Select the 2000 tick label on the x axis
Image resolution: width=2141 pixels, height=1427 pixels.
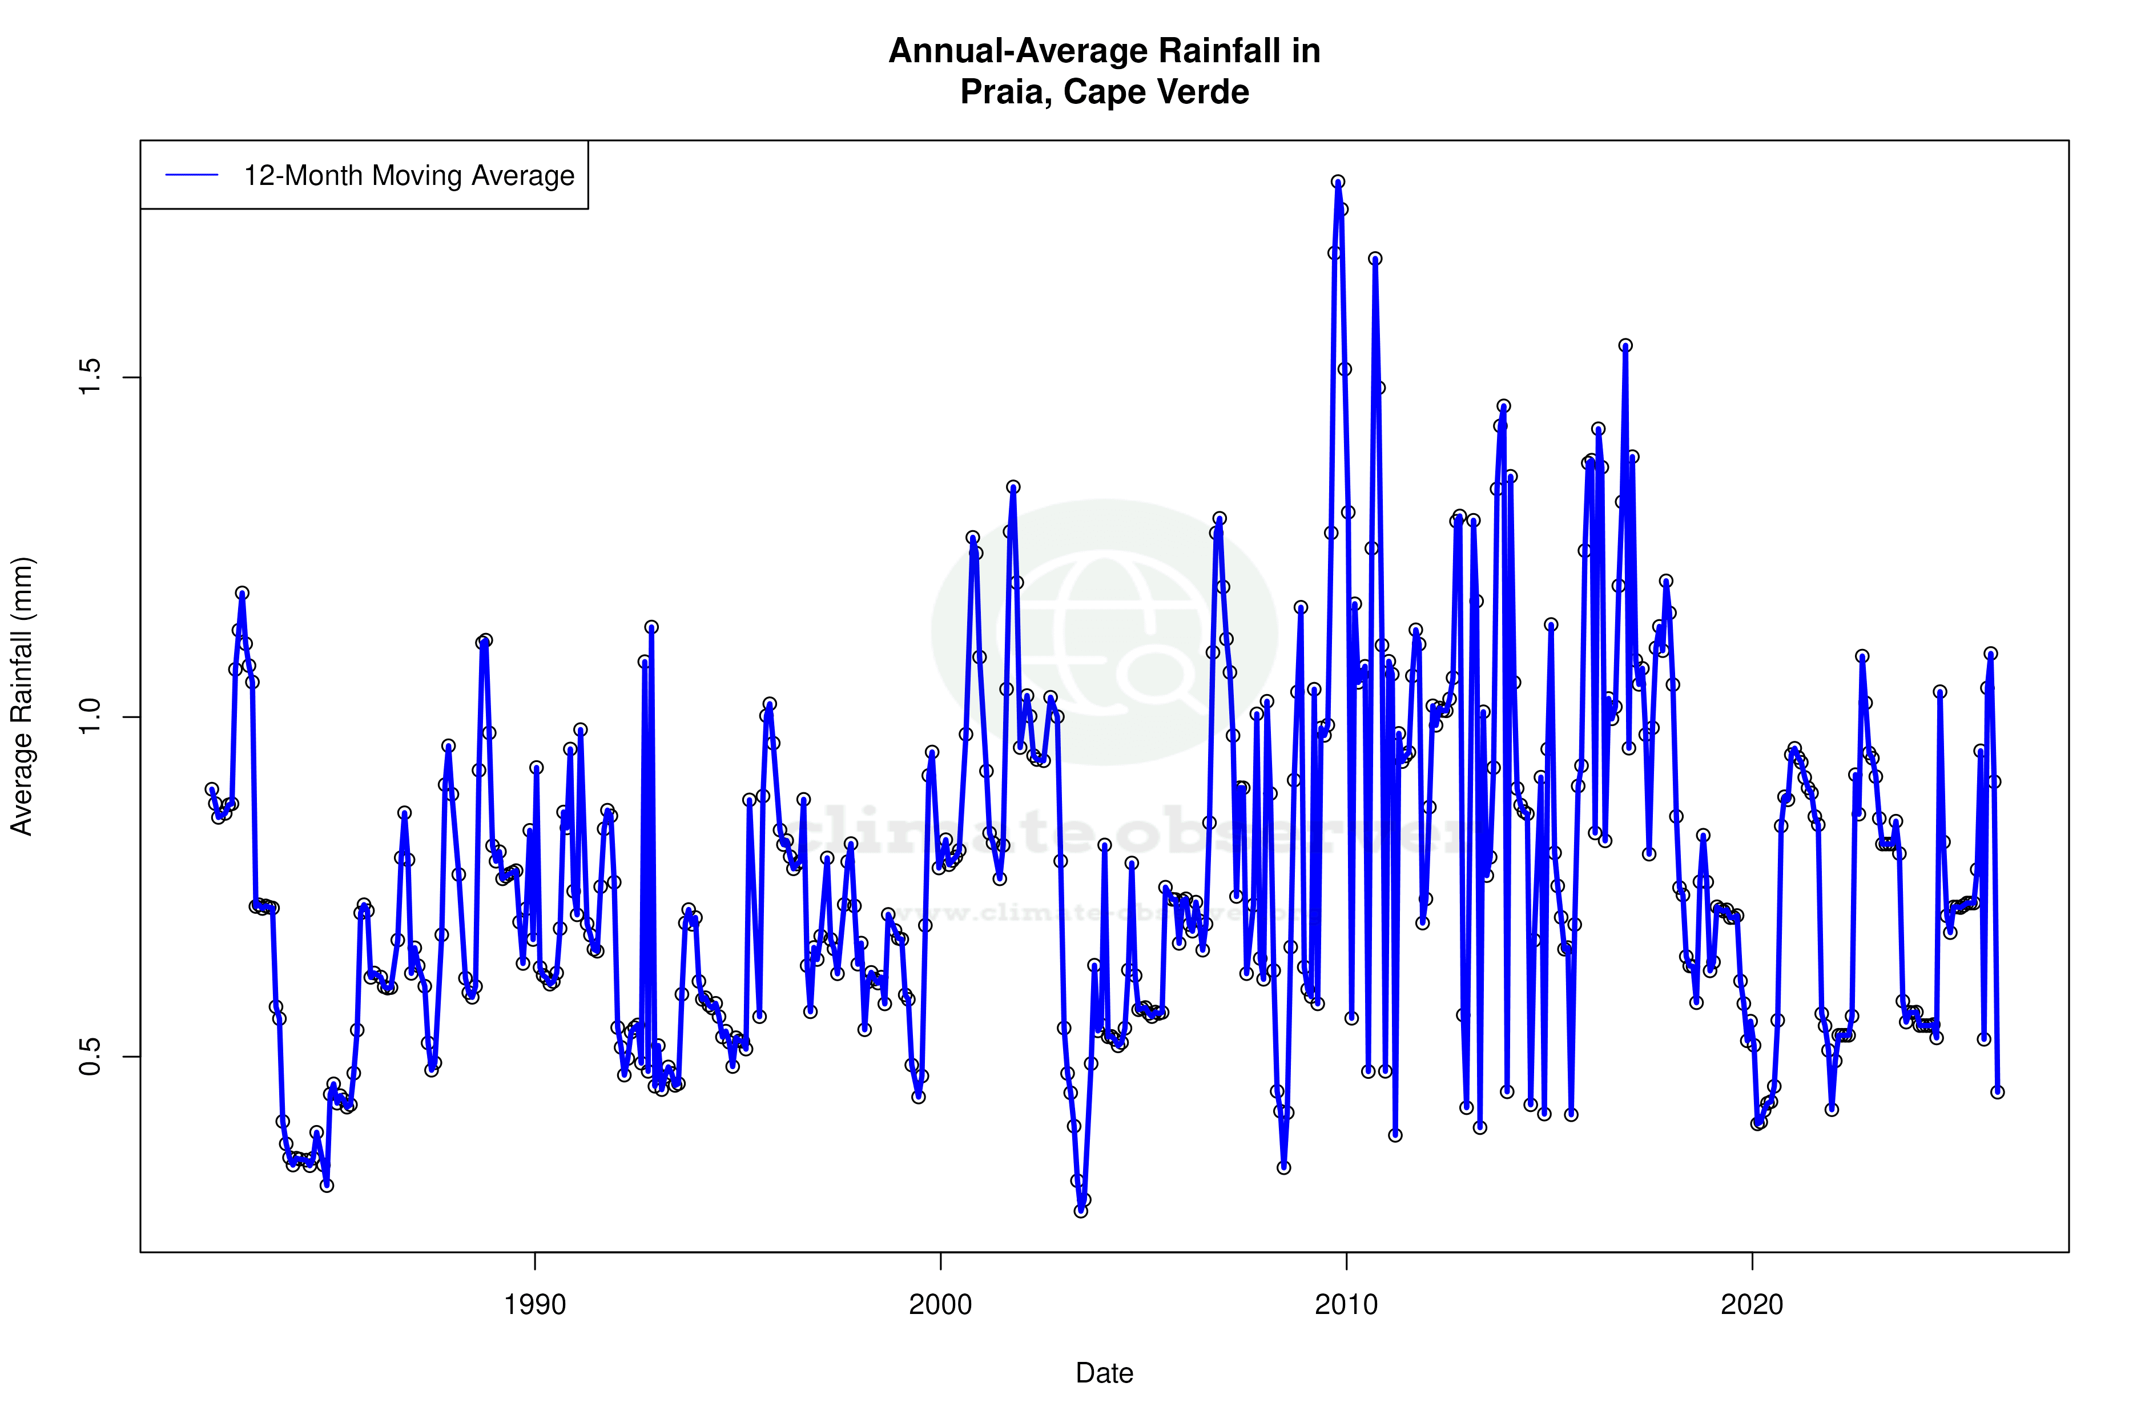coord(940,1305)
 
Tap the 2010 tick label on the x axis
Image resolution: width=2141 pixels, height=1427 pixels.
coord(1346,1305)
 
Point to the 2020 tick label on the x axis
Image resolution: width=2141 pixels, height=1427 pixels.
coord(1752,1305)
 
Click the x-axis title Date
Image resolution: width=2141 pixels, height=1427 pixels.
coord(1104,1373)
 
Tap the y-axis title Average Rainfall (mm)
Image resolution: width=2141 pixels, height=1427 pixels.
coord(22,696)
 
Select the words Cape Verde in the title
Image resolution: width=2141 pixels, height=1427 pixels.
coord(1156,92)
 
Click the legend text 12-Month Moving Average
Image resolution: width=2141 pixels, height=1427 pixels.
coord(409,176)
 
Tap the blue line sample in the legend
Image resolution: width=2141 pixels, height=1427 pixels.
coord(192,176)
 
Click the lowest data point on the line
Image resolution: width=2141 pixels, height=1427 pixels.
coord(1081,1211)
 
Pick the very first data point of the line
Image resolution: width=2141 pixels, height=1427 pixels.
coord(211,789)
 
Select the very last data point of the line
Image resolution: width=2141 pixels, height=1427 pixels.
coord(1997,1092)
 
